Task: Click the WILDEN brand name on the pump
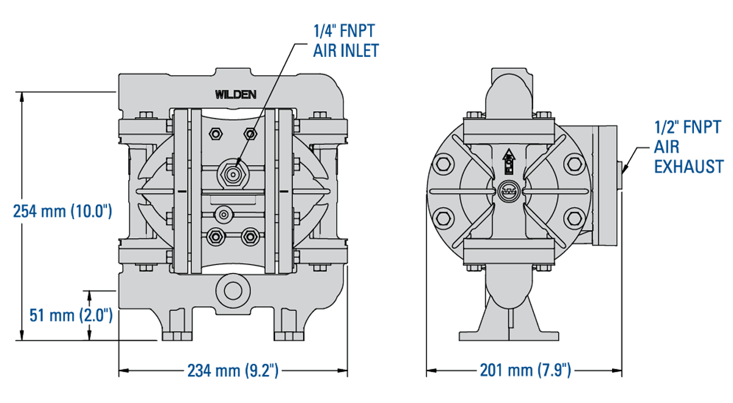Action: coord(235,94)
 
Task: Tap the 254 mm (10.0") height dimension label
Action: coord(63,211)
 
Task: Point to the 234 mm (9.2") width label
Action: coord(233,370)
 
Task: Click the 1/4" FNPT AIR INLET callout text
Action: coord(346,40)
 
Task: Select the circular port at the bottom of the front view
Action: coord(232,289)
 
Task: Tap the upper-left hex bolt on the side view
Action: coord(443,164)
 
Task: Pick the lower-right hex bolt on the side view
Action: coord(574,217)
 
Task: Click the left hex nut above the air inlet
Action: coord(214,134)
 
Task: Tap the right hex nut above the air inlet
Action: coord(249,134)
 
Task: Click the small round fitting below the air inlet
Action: coord(224,214)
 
